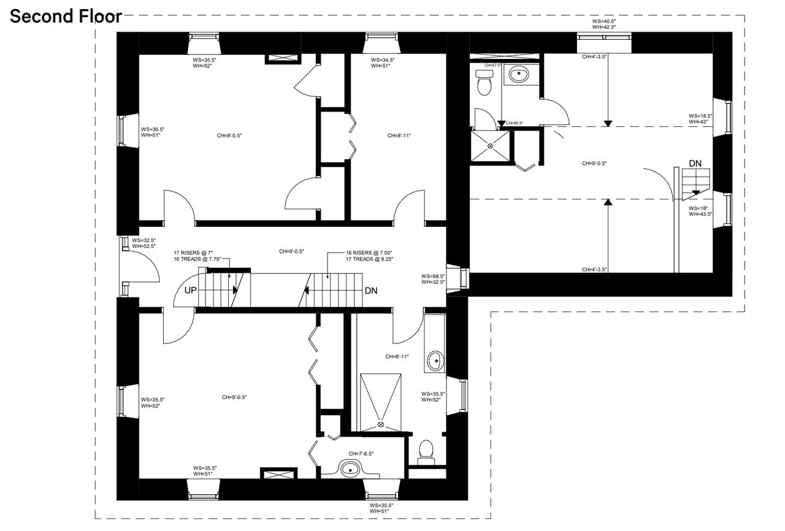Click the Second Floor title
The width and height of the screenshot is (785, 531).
(x=66, y=17)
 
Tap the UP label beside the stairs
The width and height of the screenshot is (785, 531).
(x=191, y=290)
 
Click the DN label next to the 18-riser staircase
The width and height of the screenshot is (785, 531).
(x=371, y=291)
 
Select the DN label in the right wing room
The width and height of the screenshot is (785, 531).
(x=695, y=163)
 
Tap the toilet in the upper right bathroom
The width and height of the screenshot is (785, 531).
(x=484, y=83)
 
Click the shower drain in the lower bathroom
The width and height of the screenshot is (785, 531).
(x=381, y=424)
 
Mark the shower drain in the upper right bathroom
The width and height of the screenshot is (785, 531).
(x=490, y=146)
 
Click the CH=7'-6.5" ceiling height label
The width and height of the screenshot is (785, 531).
(x=361, y=454)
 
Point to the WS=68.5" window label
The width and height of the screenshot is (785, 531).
(x=432, y=276)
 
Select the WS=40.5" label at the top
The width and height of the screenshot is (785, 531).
(x=604, y=21)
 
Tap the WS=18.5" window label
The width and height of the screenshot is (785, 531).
(x=700, y=115)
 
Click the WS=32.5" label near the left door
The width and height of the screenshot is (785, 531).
(x=144, y=240)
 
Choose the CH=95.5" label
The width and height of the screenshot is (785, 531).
(x=514, y=123)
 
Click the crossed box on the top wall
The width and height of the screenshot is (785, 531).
(x=282, y=58)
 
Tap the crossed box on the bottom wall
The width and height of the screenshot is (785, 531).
(x=278, y=473)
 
